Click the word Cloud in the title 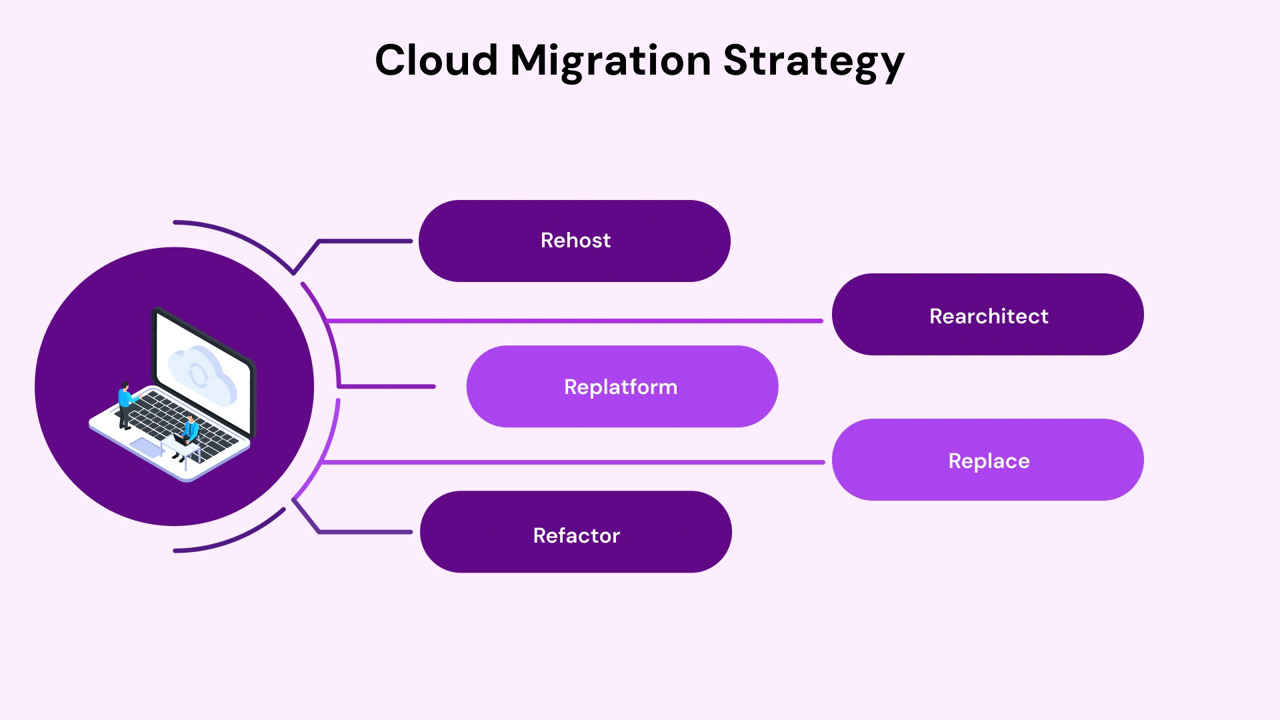pyautogui.click(x=437, y=60)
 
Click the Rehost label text pyautogui.click(x=575, y=241)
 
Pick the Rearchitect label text pyautogui.click(x=989, y=316)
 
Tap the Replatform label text pyautogui.click(x=621, y=387)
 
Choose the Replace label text pyautogui.click(x=989, y=461)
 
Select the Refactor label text pyautogui.click(x=576, y=535)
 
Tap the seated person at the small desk pyautogui.click(x=191, y=430)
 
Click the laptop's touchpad pyautogui.click(x=146, y=448)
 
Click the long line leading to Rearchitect pyautogui.click(x=573, y=321)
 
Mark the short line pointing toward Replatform pyautogui.click(x=387, y=386)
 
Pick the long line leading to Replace pyautogui.click(x=573, y=461)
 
